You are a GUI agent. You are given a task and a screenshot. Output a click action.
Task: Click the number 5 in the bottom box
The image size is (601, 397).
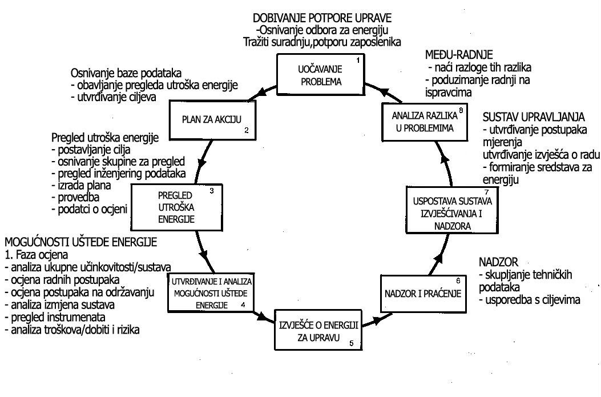tap(352, 344)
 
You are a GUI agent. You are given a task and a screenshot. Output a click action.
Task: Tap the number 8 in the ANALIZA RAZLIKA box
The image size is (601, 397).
tap(459, 110)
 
